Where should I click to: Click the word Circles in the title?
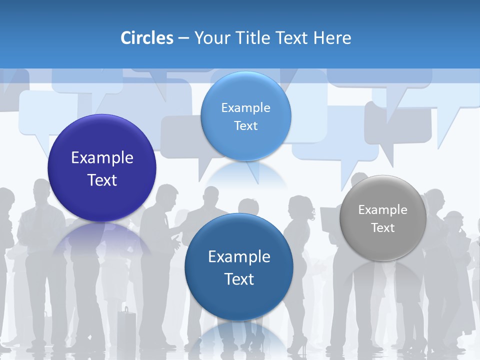pyautogui.click(x=147, y=38)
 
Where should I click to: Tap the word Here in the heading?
pyautogui.click(x=332, y=38)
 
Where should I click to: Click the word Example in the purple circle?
pyautogui.click(x=102, y=158)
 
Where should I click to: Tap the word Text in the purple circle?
pyautogui.click(x=102, y=180)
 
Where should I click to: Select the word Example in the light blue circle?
pyautogui.click(x=245, y=107)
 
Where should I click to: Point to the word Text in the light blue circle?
pyautogui.click(x=245, y=125)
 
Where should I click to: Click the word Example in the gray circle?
pyautogui.click(x=383, y=209)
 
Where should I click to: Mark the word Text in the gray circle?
pyautogui.click(x=383, y=228)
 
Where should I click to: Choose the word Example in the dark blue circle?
pyautogui.click(x=239, y=257)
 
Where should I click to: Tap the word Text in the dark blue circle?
pyautogui.click(x=239, y=279)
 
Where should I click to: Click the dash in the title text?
pyautogui.click(x=183, y=38)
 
